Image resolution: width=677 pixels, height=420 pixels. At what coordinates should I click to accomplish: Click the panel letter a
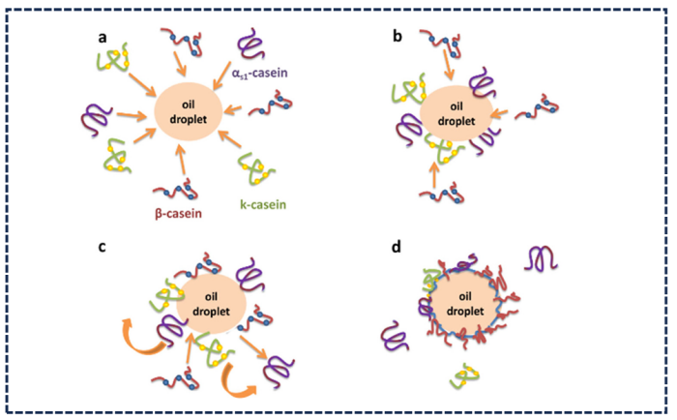coord(100,41)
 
